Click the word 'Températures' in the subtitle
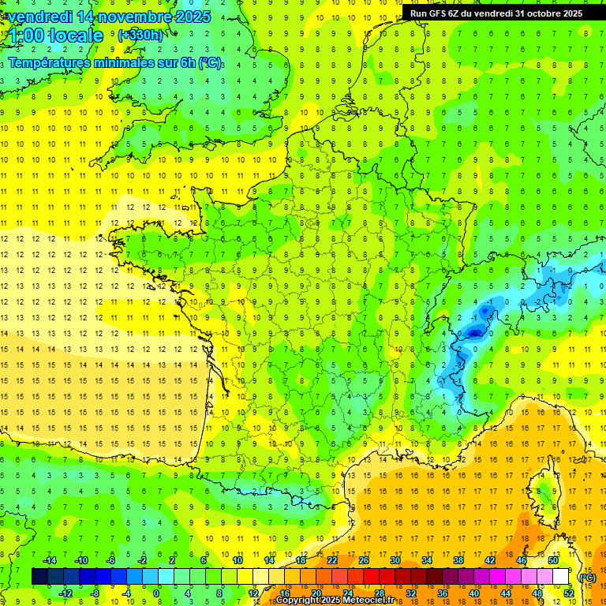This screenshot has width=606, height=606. click(54, 63)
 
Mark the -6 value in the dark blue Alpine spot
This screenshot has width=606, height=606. click(474, 333)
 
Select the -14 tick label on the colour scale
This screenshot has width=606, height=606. click(49, 560)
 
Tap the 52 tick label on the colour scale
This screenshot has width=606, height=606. click(569, 593)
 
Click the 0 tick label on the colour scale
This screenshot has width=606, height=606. click(156, 593)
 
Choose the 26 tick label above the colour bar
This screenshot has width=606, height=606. click(364, 560)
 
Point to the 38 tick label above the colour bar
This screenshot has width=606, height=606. click(458, 560)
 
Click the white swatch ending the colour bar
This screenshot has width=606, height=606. click(560, 577)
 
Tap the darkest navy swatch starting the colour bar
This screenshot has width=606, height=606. click(39, 577)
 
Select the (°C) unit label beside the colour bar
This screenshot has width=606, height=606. click(587, 578)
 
